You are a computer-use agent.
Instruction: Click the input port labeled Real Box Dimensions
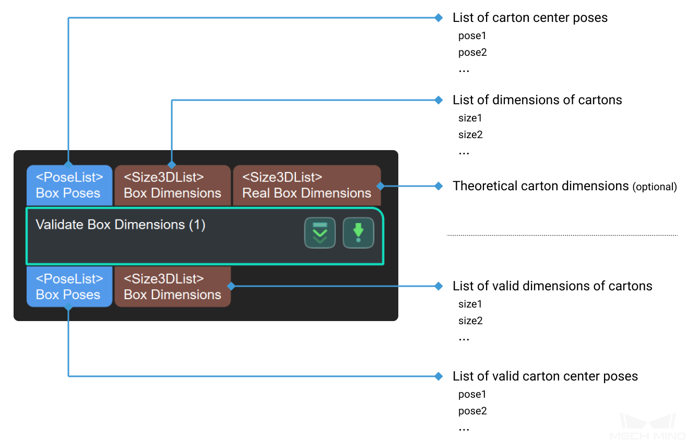307,186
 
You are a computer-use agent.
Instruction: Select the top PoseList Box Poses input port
69,186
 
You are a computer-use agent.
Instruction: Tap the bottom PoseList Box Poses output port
69,286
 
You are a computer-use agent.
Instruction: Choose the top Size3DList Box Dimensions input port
172,186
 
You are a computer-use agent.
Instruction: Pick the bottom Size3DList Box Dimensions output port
172,286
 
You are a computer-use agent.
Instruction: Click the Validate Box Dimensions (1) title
121,225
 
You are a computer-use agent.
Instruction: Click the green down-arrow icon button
358,233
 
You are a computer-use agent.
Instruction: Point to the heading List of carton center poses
530,18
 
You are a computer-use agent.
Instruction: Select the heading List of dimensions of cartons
537,100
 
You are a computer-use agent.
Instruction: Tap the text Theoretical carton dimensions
540,186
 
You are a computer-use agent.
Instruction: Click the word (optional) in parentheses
655,187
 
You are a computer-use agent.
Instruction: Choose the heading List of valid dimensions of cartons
552,286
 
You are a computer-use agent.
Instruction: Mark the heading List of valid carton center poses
545,376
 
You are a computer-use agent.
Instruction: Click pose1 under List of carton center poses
472,36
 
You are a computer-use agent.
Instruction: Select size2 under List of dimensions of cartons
470,134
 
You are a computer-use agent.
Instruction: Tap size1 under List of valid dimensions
470,304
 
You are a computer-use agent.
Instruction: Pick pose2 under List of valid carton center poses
472,411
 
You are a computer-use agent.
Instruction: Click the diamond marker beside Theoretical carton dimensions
439,186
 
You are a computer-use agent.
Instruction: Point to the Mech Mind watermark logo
647,426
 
